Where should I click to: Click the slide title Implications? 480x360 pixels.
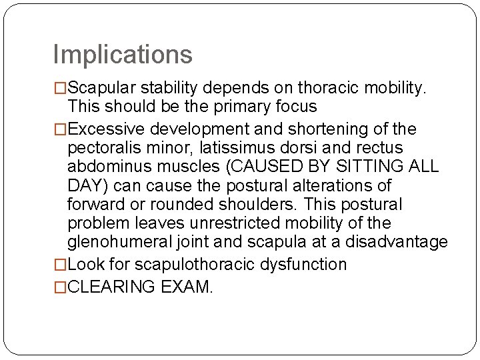click(x=122, y=55)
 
